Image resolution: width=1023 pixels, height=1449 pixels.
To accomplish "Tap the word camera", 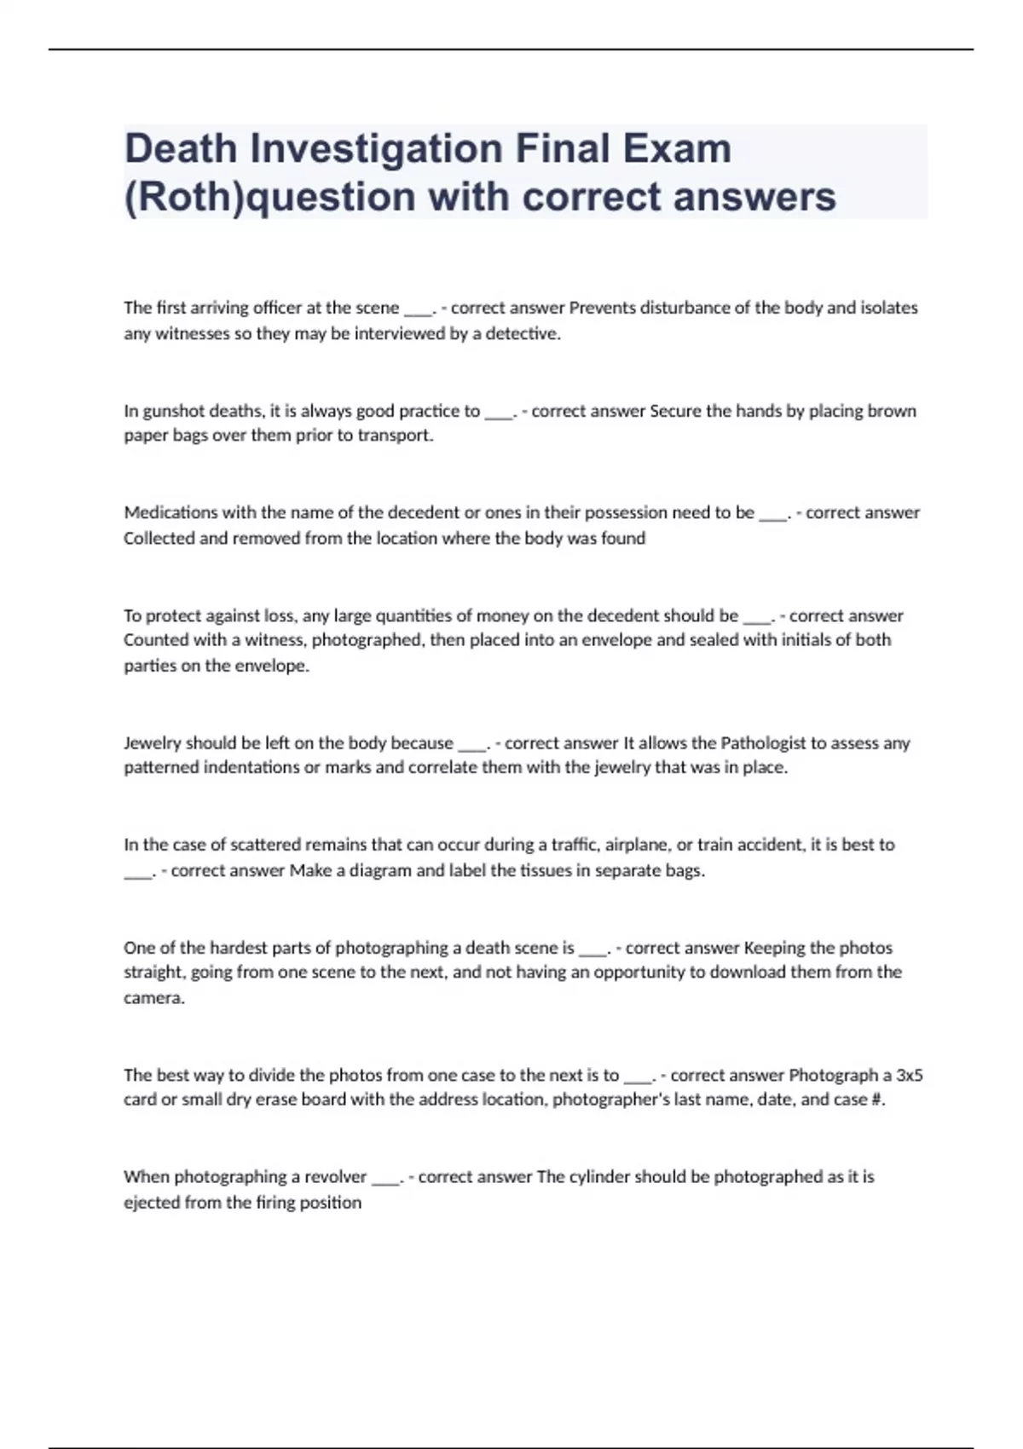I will tap(153, 998).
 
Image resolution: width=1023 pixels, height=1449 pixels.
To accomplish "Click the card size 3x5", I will tap(909, 1075).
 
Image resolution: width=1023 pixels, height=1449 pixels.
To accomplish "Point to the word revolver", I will tap(330, 1177).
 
